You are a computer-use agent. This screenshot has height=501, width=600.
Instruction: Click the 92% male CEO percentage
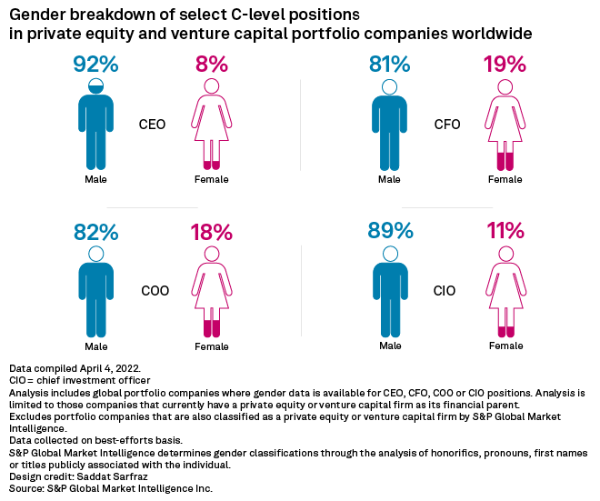click(x=95, y=65)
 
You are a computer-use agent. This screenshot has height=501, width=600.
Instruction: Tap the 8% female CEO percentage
click(x=211, y=65)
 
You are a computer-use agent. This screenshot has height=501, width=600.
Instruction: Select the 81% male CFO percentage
click(x=389, y=65)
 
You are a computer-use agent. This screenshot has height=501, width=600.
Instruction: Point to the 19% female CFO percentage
click(x=505, y=65)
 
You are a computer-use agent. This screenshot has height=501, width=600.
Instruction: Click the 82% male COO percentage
click(x=95, y=232)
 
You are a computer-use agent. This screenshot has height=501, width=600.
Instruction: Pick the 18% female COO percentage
click(x=211, y=232)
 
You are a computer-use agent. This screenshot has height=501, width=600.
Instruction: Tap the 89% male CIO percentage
click(x=389, y=232)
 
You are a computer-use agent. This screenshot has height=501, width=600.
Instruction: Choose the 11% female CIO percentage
click(x=505, y=232)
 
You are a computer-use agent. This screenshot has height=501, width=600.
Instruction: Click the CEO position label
click(x=152, y=125)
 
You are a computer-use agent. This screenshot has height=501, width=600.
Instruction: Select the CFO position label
click(x=447, y=125)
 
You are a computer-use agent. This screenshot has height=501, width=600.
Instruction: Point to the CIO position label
click(x=445, y=292)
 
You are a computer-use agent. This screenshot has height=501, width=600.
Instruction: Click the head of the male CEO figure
click(x=95, y=86)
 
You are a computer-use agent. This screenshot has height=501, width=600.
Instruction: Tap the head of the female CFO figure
click(x=505, y=86)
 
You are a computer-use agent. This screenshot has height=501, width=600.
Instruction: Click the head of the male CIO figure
click(x=389, y=254)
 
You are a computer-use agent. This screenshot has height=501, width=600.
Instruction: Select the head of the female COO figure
click(x=211, y=254)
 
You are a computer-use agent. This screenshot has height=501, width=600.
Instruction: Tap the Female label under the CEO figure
click(x=211, y=179)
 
